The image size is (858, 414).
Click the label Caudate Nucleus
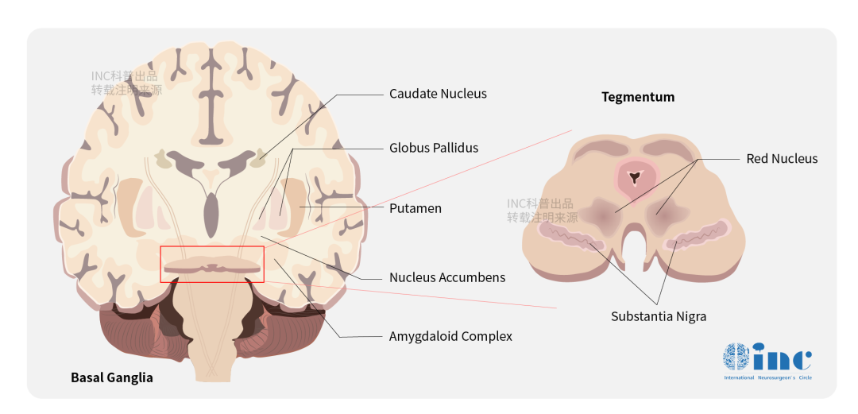438,94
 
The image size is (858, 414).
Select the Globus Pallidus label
433,148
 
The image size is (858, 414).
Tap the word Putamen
415,208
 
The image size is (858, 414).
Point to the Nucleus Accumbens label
447,277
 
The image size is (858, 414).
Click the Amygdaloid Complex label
450,336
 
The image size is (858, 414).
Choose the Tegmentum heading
638,97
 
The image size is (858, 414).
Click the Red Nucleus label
782,159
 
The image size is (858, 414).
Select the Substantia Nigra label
659,316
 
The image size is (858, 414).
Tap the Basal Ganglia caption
112,377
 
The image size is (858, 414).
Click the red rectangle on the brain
212,265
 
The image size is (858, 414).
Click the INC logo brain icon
736,357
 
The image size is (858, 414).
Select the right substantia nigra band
698,235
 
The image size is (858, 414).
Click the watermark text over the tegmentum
543,211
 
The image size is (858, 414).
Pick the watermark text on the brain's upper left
126,83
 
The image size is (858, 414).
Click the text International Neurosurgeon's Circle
767,378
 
